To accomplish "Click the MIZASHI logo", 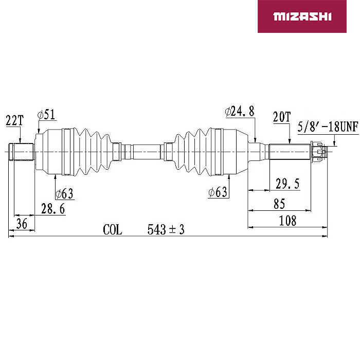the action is pos(302,16).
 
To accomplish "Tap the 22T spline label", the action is pos(14,120).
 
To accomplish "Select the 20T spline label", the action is pos(282,117).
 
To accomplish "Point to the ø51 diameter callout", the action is pos(47,115).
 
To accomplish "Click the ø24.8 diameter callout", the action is pos(240,112).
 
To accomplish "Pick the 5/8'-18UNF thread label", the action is pos(328,127).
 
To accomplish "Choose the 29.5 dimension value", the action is pos(287,184).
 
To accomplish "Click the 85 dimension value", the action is pos(279,204).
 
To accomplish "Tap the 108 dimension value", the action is pos(287,221).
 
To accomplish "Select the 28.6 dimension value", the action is pos(53,209).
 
